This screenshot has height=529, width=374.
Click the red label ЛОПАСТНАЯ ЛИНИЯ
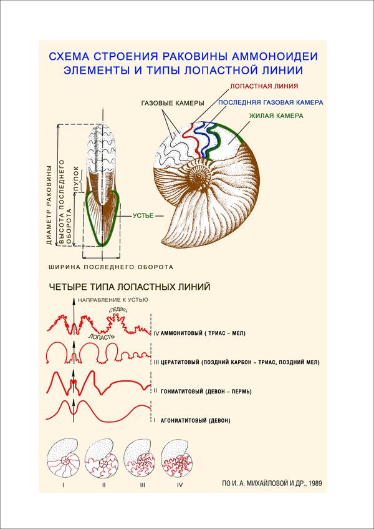click(x=264, y=86)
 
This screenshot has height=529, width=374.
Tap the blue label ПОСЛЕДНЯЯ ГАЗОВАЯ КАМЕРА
click(x=271, y=102)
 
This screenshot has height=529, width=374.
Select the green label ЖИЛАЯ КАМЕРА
click(x=276, y=116)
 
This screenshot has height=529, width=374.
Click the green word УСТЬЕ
click(x=143, y=215)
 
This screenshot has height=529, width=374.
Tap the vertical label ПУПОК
click(x=76, y=179)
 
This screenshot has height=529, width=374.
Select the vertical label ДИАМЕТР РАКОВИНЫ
click(x=49, y=205)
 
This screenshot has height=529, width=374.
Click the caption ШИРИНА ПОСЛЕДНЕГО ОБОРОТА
click(x=111, y=267)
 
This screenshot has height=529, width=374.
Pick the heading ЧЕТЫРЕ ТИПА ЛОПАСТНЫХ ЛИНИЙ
click(x=130, y=287)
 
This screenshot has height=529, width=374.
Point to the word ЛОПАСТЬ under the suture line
click(x=102, y=336)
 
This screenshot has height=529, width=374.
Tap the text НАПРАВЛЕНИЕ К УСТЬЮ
click(x=113, y=300)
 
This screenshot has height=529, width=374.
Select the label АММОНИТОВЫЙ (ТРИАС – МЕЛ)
click(x=203, y=334)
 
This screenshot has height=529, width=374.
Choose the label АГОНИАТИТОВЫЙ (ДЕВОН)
click(x=196, y=421)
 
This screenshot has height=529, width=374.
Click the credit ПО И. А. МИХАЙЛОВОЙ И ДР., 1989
click(x=271, y=483)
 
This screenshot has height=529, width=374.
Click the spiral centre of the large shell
click(x=199, y=176)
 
